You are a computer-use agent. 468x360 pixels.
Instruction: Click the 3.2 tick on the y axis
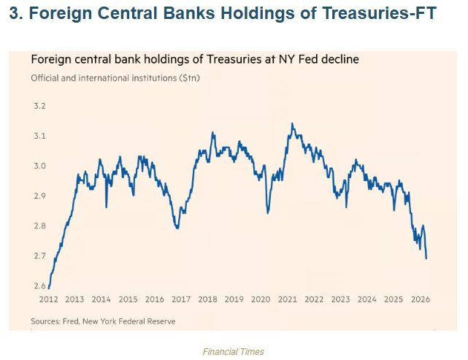[39, 107]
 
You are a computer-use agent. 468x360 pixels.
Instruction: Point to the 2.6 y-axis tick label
[39, 286]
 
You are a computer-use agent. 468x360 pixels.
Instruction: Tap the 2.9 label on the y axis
[39, 196]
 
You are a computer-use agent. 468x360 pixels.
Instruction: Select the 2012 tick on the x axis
[48, 299]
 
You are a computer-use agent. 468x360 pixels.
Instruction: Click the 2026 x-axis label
[420, 299]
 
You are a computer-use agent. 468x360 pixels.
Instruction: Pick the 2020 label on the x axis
[261, 299]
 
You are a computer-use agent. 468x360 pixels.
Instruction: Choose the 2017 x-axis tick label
[181, 299]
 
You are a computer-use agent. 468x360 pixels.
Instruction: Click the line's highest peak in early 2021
[292, 123]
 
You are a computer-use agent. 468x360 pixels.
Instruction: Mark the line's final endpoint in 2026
[426, 258]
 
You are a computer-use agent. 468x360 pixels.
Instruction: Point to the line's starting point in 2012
[48, 288]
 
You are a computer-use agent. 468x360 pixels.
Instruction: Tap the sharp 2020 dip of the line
[268, 213]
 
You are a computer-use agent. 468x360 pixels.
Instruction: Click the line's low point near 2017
[177, 229]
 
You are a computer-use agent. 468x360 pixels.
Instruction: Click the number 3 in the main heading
[13, 14]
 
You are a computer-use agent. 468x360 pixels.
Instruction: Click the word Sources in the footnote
[46, 321]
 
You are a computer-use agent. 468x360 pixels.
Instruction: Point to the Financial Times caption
[234, 351]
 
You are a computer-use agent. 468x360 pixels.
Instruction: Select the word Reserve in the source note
[161, 321]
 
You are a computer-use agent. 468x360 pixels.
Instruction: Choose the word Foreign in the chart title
[49, 58]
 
